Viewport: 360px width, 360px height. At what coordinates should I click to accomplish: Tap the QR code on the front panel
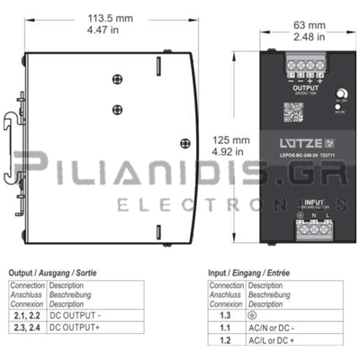(293, 112)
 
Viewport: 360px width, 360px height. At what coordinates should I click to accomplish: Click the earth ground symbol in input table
(251, 316)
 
